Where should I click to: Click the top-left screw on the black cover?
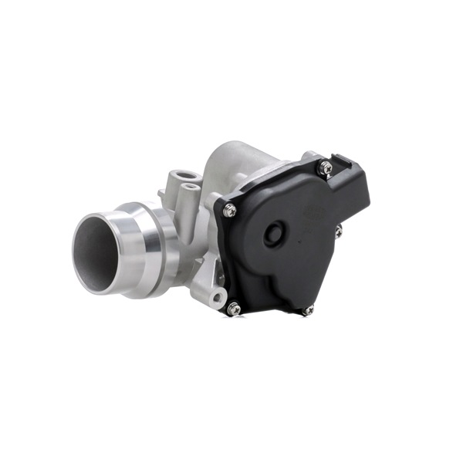tap(230, 210)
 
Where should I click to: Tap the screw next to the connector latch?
tap(326, 167)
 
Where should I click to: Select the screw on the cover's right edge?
tap(338, 230)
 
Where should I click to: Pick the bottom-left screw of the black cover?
tap(234, 309)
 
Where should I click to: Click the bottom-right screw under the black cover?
tap(309, 309)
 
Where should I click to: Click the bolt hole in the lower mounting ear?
tap(218, 297)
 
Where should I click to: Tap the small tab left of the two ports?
tap(161, 194)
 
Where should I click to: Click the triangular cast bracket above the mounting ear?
tap(204, 270)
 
